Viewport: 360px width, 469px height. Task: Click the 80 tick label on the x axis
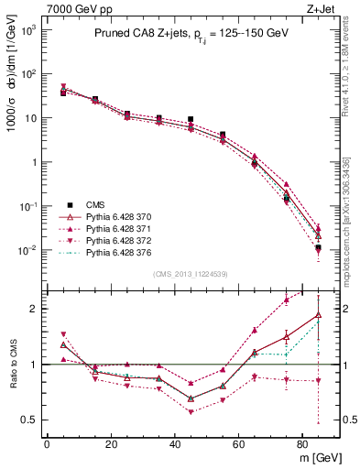[x=302, y=442]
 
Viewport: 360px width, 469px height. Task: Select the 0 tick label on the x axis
[x=47, y=442]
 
